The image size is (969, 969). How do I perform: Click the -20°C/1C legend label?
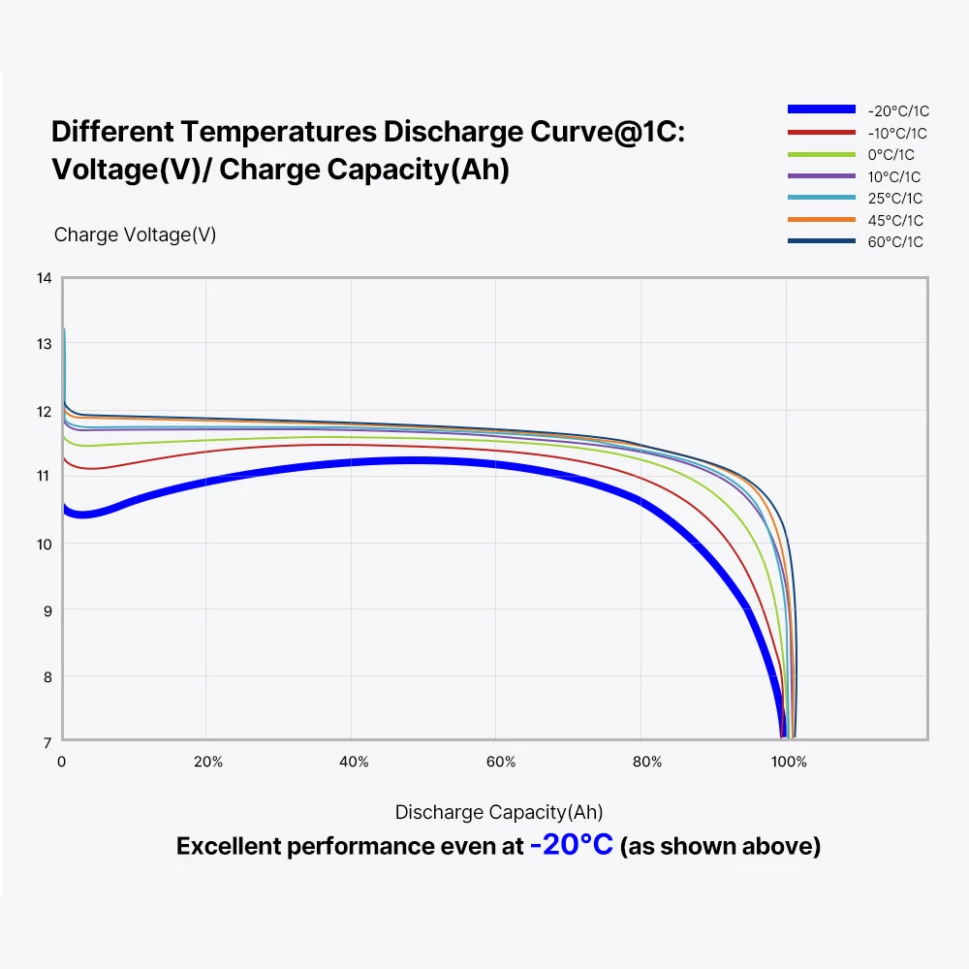click(897, 111)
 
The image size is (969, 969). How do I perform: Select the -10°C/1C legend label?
click(897, 134)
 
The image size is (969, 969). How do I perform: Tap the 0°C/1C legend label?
click(891, 155)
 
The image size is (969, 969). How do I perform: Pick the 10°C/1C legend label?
click(893, 176)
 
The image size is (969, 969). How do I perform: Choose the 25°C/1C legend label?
click(893, 199)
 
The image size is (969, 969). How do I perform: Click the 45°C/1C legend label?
click(894, 220)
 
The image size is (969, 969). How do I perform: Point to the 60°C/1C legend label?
click(894, 242)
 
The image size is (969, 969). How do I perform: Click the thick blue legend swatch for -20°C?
click(822, 110)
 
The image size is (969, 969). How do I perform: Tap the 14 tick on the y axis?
click(44, 278)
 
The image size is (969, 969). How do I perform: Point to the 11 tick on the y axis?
click(44, 476)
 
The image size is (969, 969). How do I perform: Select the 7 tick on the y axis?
click(45, 742)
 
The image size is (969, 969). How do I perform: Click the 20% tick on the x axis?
click(207, 762)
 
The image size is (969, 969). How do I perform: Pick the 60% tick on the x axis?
click(500, 762)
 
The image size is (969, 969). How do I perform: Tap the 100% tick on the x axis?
click(789, 762)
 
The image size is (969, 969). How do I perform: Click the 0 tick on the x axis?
click(62, 762)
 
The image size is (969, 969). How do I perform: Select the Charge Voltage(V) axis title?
click(135, 234)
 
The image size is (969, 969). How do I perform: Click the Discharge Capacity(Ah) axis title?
click(499, 812)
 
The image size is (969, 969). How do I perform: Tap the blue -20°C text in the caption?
click(571, 845)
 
